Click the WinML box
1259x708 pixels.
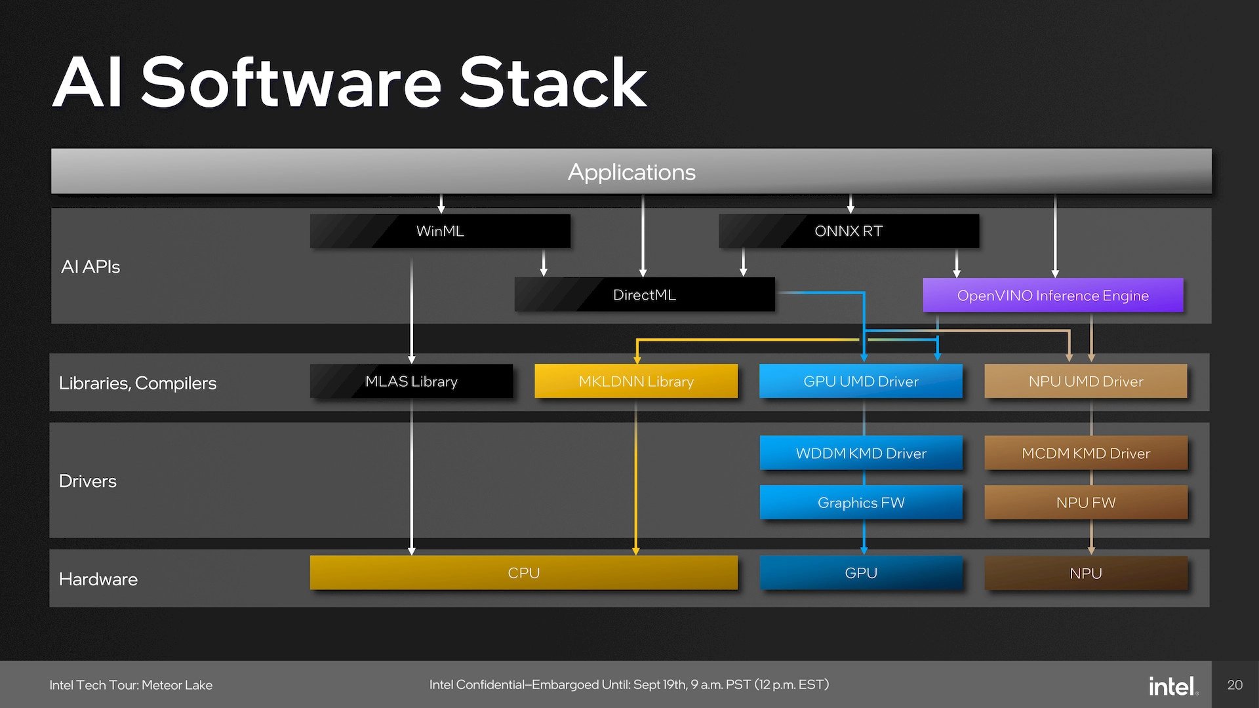click(x=440, y=231)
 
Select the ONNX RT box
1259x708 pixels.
click(x=849, y=231)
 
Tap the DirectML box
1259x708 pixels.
click(x=644, y=295)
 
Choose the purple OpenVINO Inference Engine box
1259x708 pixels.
click(x=1052, y=296)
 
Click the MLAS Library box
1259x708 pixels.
click(x=411, y=382)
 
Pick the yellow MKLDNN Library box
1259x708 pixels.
click(x=635, y=382)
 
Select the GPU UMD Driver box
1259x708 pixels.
click(x=860, y=382)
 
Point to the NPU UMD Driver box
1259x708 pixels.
click(x=1085, y=382)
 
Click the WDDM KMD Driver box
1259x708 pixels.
click(x=860, y=453)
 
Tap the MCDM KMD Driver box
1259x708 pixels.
click(x=1085, y=453)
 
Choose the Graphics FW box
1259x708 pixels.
click(x=860, y=503)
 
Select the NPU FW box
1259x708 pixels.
click(x=1085, y=503)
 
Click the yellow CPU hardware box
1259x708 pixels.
click(x=523, y=573)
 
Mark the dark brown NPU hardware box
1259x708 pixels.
click(x=1085, y=574)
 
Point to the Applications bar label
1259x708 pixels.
click(x=631, y=172)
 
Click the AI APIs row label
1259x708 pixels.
click(x=90, y=267)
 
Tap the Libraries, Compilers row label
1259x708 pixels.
click(x=138, y=383)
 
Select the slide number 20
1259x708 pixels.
click(x=1235, y=685)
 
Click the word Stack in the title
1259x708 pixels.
click(x=553, y=83)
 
